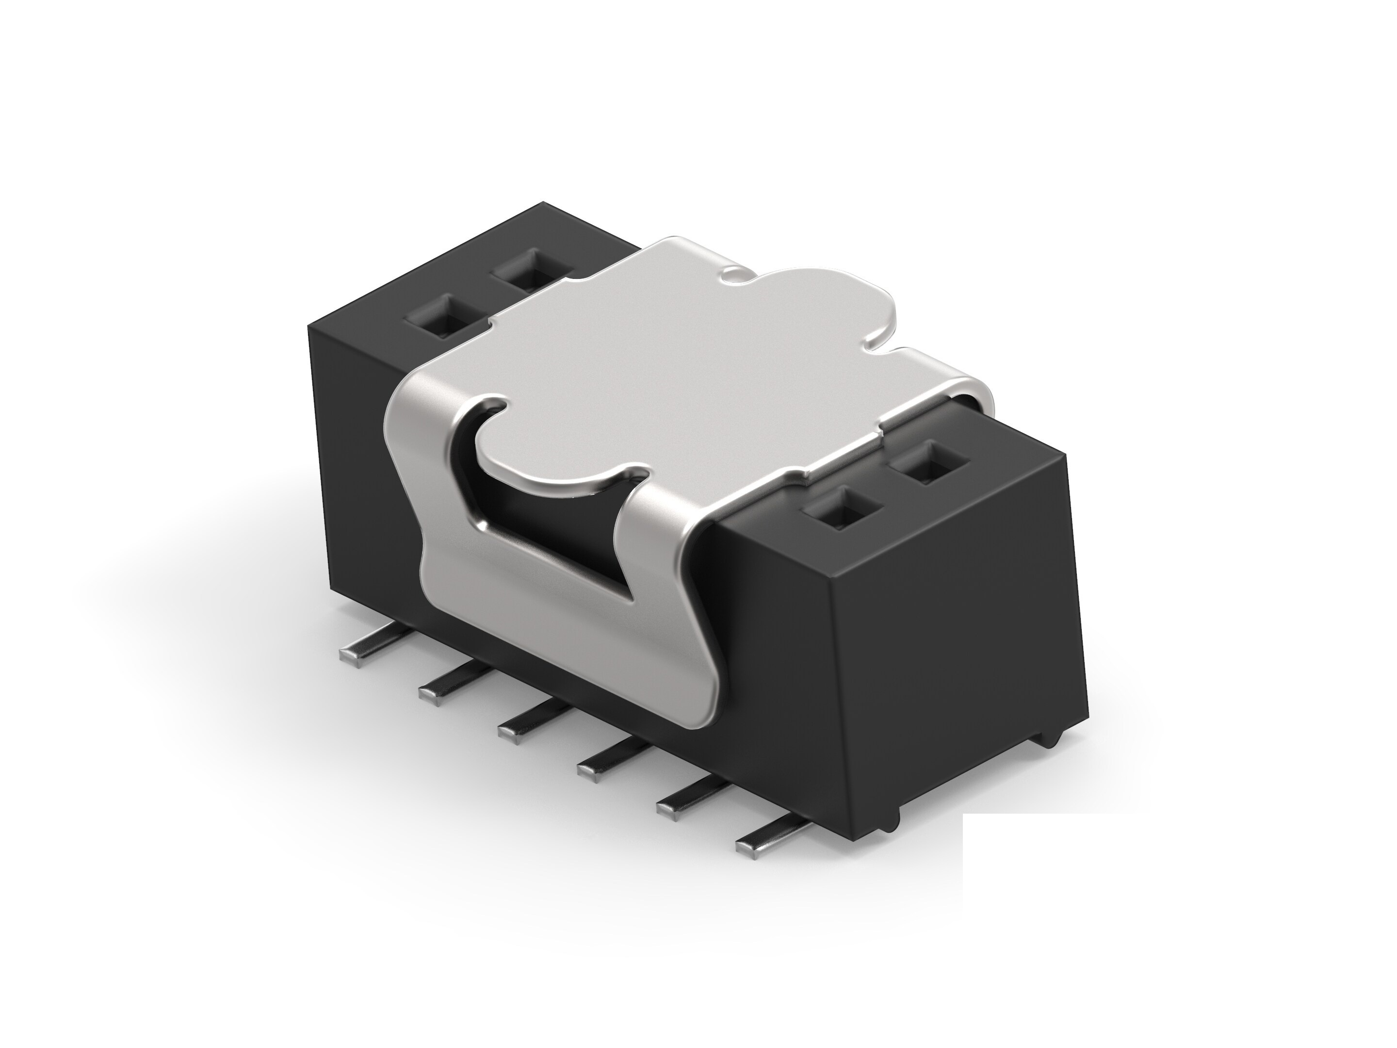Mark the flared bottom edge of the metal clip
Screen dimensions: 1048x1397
[569, 663]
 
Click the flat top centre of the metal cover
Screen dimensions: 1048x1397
[663, 354]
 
